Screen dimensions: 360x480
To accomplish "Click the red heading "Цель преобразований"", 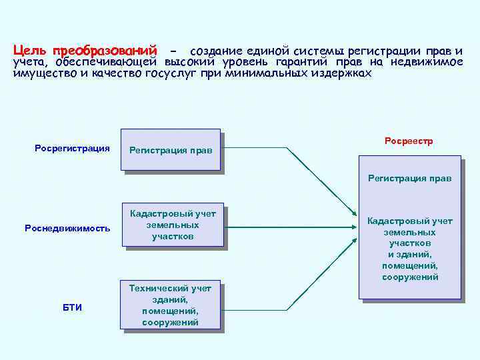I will (85, 51).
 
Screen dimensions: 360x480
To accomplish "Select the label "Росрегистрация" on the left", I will (72, 148).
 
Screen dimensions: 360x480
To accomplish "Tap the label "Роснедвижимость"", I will (67, 228).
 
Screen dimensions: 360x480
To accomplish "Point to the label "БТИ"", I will (72, 307).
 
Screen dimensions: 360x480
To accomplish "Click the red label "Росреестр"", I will (409, 141).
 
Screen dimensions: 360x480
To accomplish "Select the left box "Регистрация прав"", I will (171, 150).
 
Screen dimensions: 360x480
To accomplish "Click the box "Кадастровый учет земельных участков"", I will (173, 225).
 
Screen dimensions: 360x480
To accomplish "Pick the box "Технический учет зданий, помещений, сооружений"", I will (170, 305).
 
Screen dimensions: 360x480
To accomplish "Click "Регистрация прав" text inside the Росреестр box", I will (409, 178).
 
